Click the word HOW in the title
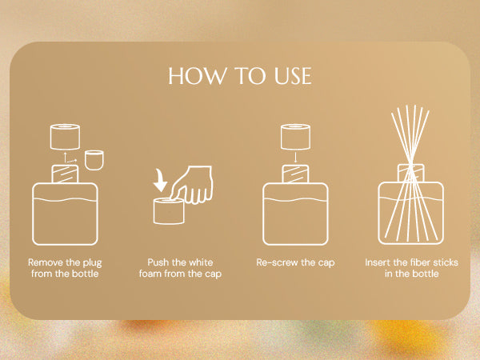point(196,76)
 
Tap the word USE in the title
point(293,76)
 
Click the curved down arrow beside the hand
point(159,180)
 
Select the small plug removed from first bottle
point(94,160)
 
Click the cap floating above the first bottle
point(65,137)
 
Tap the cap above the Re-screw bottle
point(295,137)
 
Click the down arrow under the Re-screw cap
point(295,158)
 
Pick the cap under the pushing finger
point(169,211)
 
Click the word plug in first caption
point(92,263)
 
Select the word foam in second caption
point(150,274)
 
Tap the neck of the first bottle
point(65,174)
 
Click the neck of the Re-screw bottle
point(295,174)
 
